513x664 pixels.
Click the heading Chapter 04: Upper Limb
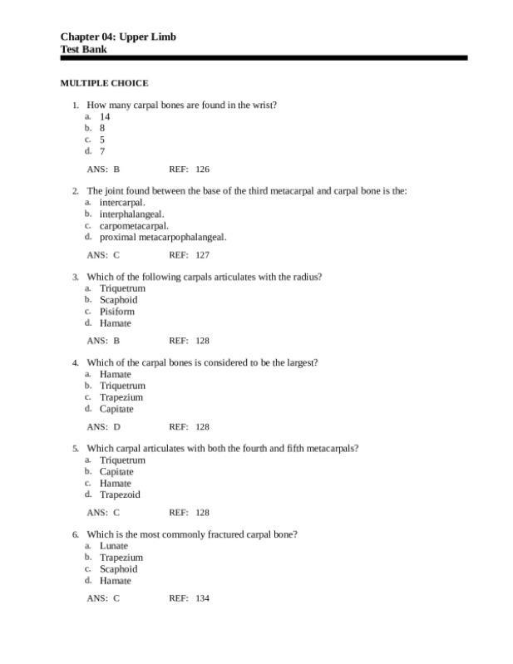click(x=117, y=37)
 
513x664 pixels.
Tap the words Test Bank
click(x=83, y=49)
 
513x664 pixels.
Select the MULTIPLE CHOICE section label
click(x=104, y=83)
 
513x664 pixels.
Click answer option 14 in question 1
click(x=105, y=117)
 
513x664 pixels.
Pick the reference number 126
click(x=202, y=169)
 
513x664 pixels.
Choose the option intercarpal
click(x=122, y=202)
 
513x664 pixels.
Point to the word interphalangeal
click(x=131, y=214)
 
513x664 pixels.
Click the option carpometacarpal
click(x=134, y=225)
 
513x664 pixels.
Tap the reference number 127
click(x=202, y=255)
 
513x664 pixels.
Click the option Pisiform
click(x=116, y=312)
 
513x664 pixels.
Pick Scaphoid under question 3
click(x=118, y=300)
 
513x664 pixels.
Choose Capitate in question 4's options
click(x=116, y=409)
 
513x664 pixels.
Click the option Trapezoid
click(x=120, y=494)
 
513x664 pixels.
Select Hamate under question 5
click(x=116, y=483)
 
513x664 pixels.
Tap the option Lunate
click(x=114, y=546)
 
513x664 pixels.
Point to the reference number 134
click(x=202, y=598)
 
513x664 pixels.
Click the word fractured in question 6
click(x=224, y=534)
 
